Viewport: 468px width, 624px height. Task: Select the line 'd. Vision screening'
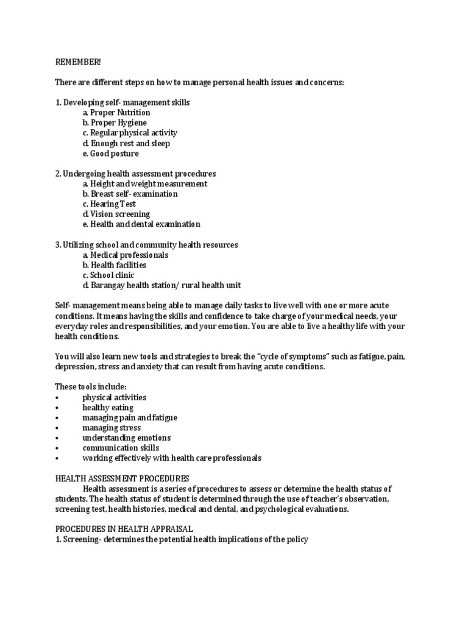point(116,214)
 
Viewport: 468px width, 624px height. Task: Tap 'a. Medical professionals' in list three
point(125,255)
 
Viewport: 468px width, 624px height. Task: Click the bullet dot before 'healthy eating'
point(57,408)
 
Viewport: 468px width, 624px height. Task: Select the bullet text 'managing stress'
point(112,428)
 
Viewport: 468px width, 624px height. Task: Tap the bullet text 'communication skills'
point(121,448)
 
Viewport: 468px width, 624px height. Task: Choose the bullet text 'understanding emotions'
point(126,438)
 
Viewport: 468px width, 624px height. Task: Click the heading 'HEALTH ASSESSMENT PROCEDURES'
point(122,478)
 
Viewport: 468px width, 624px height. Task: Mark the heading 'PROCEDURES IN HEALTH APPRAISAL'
point(124,529)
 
